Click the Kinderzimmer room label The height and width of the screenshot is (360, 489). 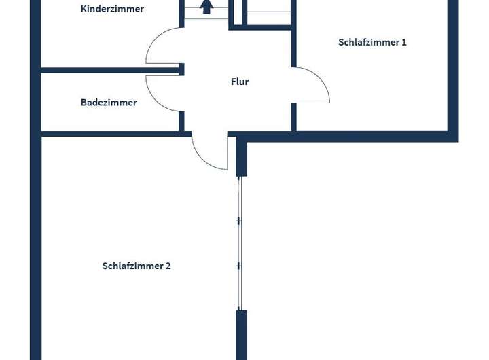(112, 10)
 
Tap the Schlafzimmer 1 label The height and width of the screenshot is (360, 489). (372, 42)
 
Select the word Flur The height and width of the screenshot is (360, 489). (240, 82)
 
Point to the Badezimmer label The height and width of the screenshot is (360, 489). (109, 103)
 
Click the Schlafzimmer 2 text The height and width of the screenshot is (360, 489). (137, 266)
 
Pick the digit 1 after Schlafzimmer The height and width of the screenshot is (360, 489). (404, 42)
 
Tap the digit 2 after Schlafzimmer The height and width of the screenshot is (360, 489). (168, 266)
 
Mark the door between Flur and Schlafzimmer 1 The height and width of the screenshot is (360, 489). (313, 86)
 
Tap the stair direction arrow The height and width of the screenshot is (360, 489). (206, 7)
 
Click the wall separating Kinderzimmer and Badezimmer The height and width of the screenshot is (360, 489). (109, 69)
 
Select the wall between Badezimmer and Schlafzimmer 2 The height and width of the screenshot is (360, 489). (109, 134)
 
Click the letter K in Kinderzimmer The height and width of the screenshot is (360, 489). (84, 10)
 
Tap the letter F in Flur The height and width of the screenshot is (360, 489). (234, 82)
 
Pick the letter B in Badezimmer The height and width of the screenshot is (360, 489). (84, 103)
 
